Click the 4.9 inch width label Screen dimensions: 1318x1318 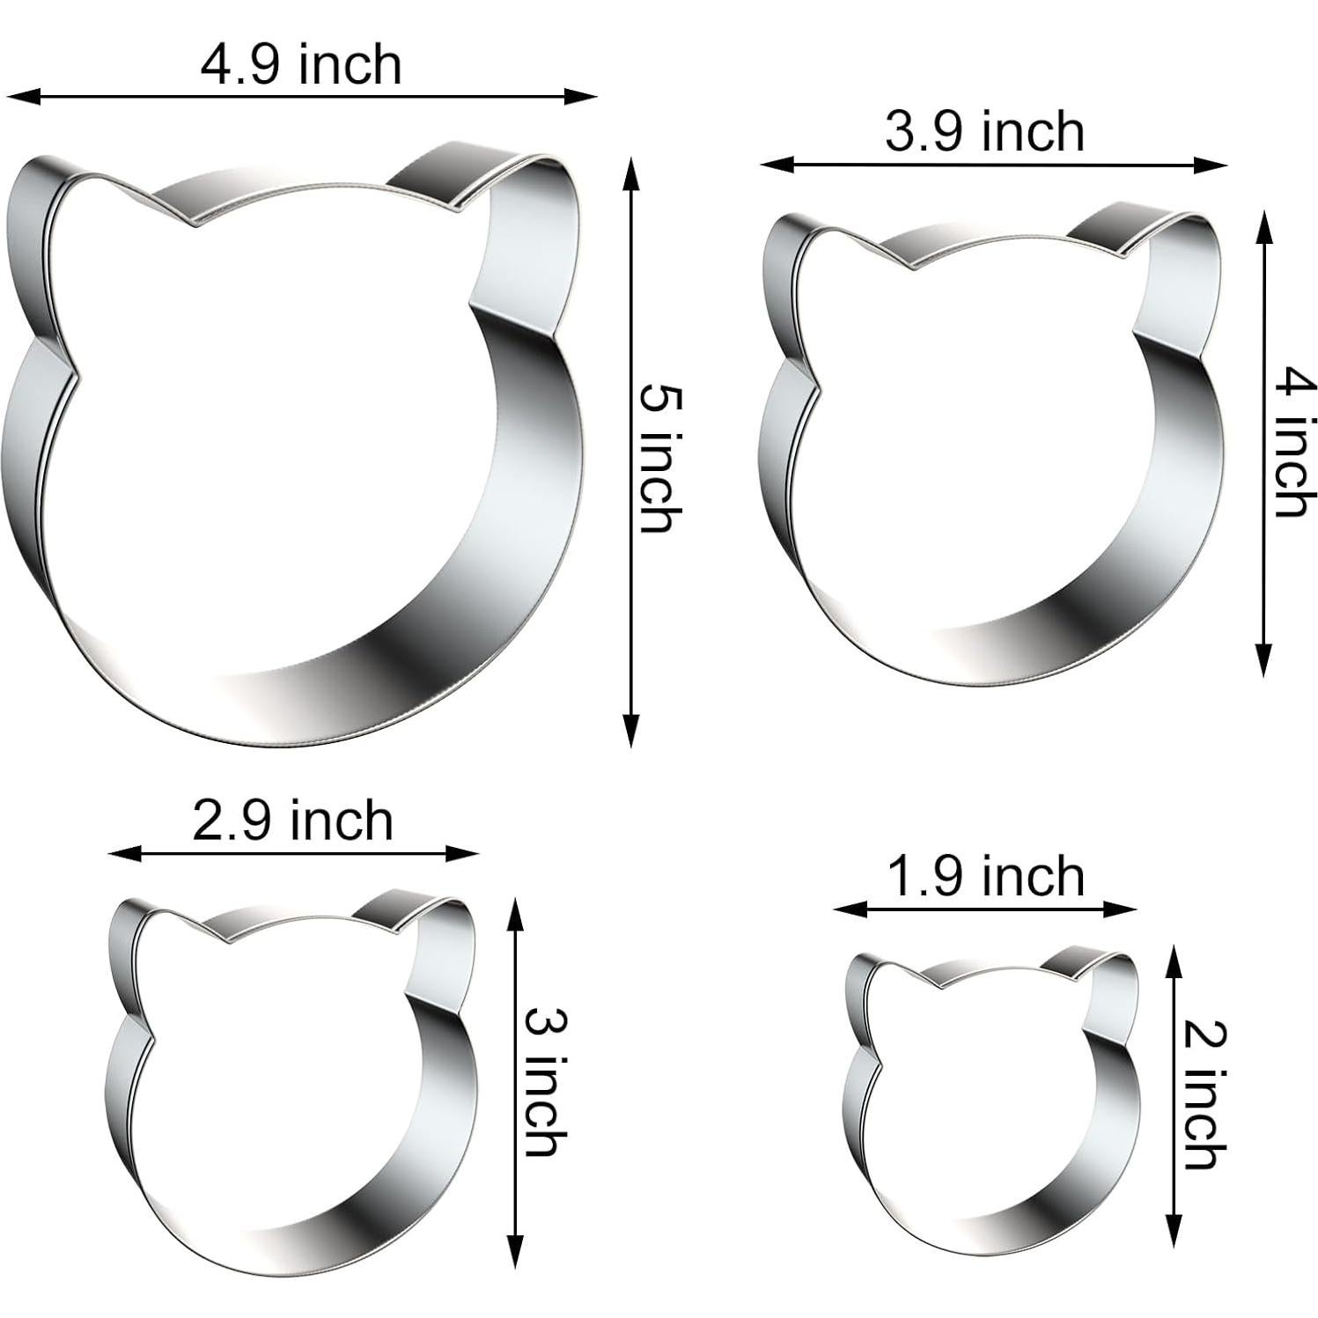(301, 65)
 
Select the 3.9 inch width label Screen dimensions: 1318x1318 (984, 132)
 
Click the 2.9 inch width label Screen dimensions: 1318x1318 (293, 821)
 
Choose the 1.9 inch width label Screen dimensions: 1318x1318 (986, 876)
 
